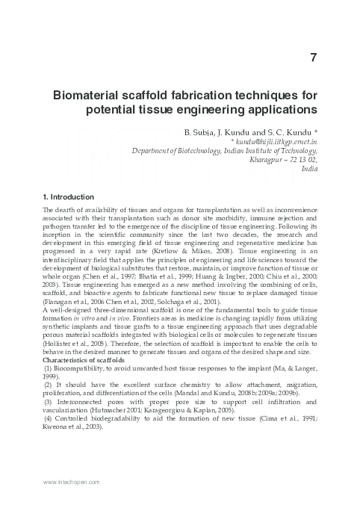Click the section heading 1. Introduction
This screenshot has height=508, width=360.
[68, 196]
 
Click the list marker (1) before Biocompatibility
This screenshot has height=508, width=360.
[48, 347]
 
